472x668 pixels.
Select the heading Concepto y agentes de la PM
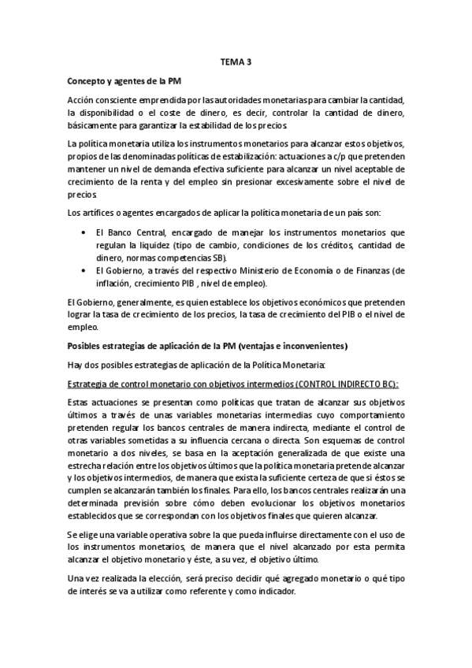126,80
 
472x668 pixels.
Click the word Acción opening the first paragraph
80,100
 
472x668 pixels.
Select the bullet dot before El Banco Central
85,233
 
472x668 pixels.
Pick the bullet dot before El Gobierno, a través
85,270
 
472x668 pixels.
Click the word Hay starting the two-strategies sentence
76,365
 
